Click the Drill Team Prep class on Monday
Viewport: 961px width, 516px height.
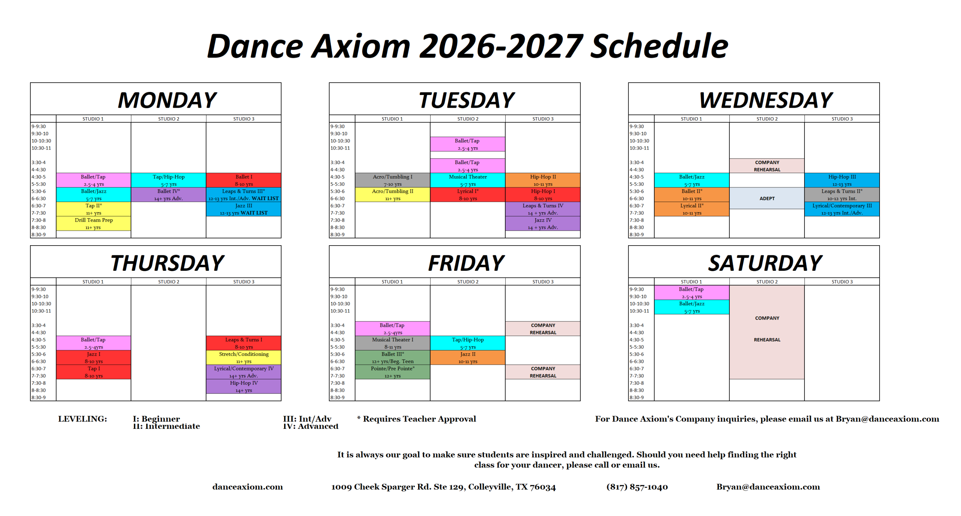pos(93,223)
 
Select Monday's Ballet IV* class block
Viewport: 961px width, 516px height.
pos(169,195)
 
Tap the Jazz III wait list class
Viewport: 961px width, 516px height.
pos(244,209)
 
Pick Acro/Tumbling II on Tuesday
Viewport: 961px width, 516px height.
pos(392,195)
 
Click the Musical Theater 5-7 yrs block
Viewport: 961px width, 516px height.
pos(468,180)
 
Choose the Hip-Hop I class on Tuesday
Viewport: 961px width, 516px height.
pos(543,195)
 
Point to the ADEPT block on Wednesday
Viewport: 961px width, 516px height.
pos(767,198)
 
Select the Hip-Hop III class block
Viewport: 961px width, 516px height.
pos(842,180)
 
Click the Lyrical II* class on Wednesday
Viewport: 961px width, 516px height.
pos(692,209)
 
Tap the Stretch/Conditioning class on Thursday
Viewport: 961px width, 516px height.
pos(244,358)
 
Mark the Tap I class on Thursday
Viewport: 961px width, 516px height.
pos(93,372)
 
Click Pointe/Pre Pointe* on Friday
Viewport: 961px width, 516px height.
pos(392,372)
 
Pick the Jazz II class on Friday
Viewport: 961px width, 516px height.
pos(468,358)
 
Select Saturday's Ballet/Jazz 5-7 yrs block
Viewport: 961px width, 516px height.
pos(692,307)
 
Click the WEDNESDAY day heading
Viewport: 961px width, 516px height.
pos(766,100)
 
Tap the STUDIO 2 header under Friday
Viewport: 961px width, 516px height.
pos(468,282)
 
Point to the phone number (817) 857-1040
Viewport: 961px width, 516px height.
pos(637,487)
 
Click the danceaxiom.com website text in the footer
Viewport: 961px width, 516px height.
pos(248,487)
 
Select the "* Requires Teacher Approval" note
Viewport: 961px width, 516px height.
pos(416,419)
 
